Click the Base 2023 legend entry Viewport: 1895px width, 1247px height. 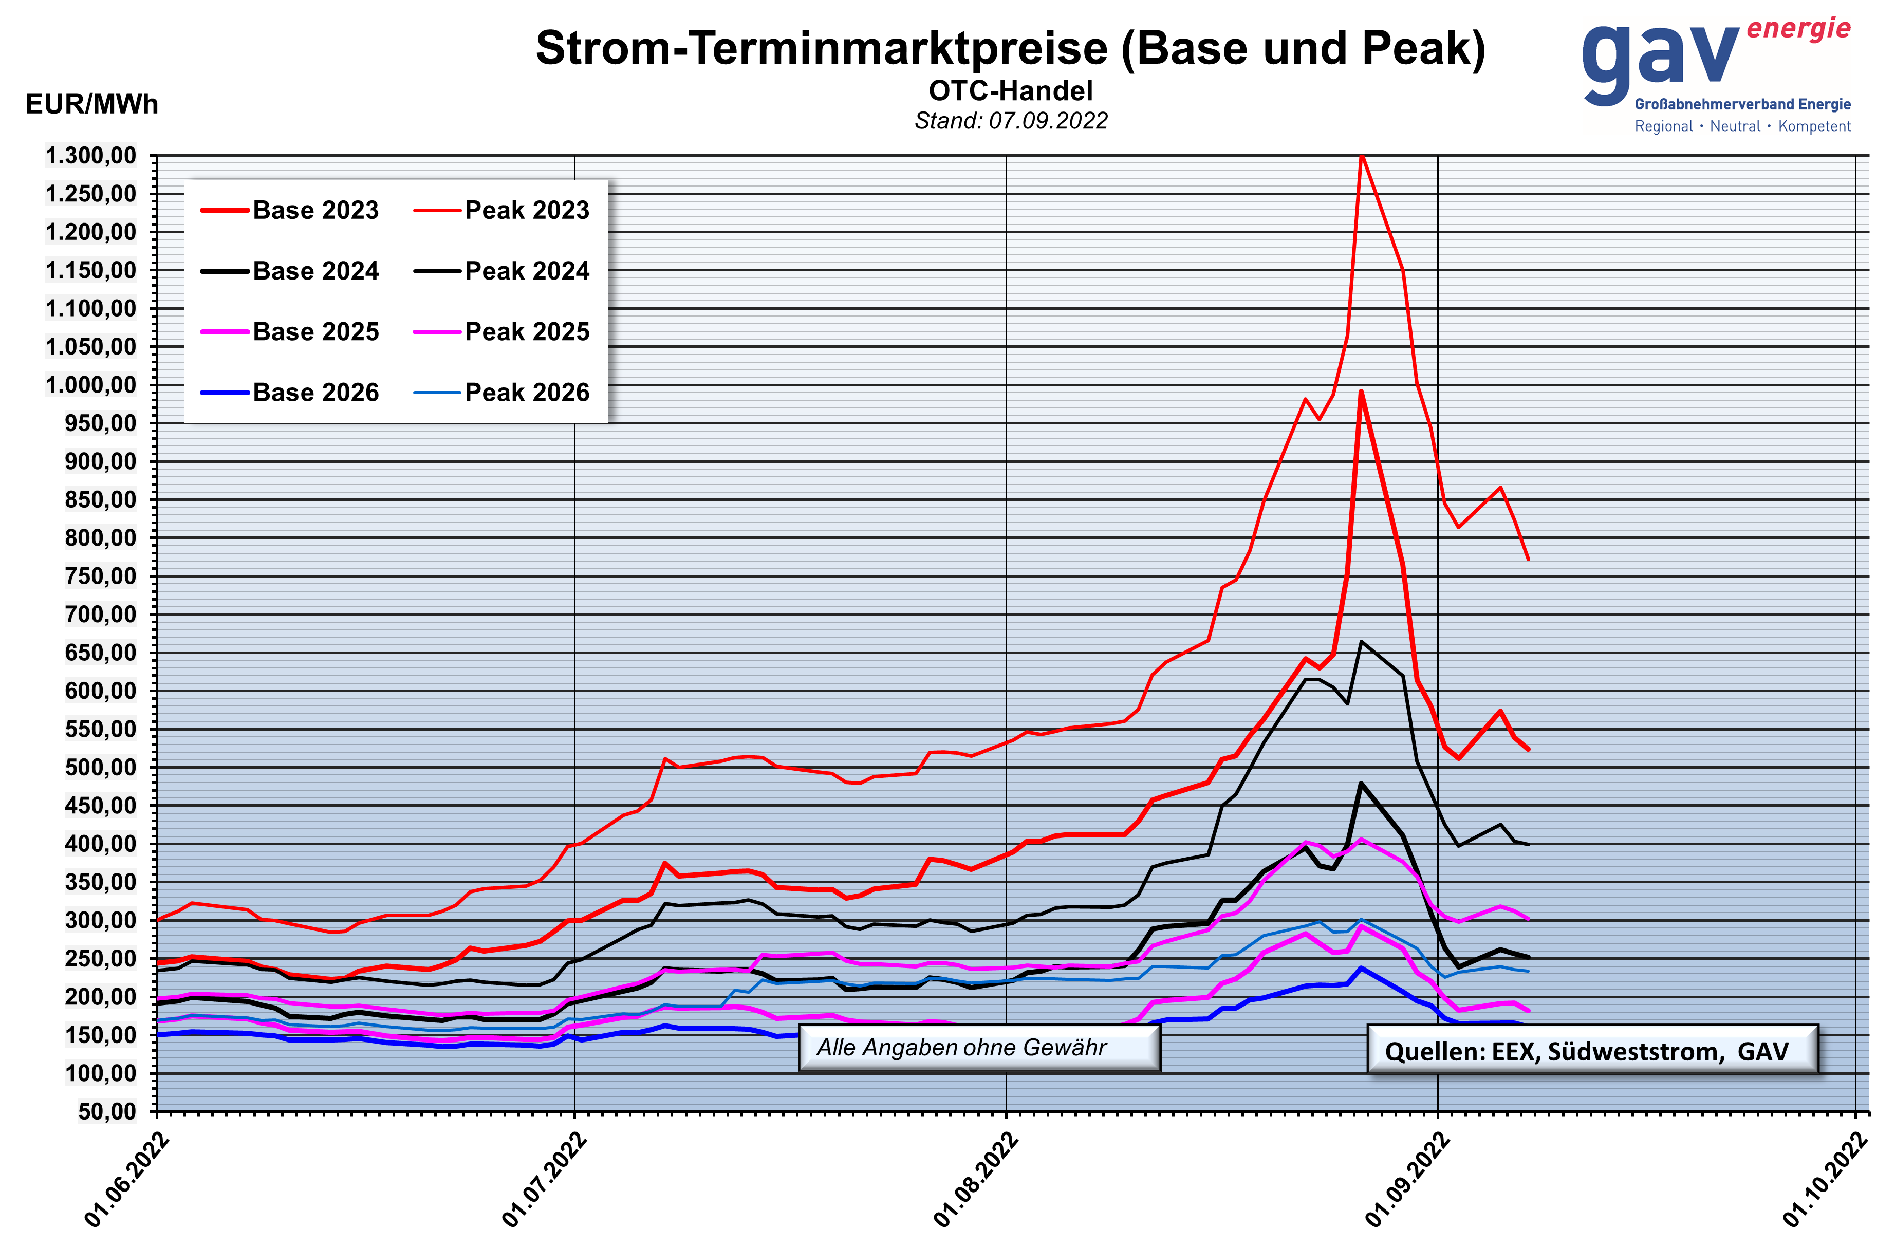coord(315,210)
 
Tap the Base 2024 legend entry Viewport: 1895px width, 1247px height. coord(315,271)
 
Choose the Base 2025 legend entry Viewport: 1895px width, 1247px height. coord(315,331)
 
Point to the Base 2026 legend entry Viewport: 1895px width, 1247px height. coord(315,392)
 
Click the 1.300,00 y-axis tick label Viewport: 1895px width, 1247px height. coord(91,155)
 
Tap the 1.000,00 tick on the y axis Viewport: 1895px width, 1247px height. coord(91,385)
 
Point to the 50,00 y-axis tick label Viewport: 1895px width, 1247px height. coord(107,1111)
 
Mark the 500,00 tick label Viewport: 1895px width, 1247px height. coord(100,767)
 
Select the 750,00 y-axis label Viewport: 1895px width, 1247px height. coord(100,576)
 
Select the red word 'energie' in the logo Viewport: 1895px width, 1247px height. coord(1798,29)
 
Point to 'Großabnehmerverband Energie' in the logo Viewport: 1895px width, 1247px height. coord(1742,104)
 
